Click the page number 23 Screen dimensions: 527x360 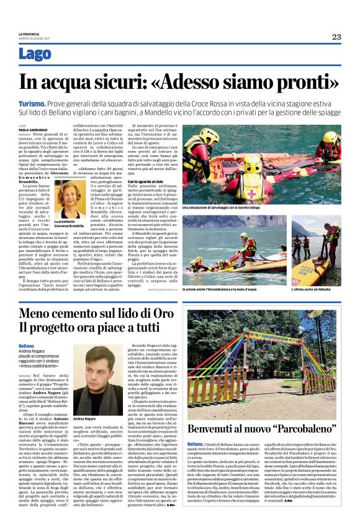click(x=336, y=37)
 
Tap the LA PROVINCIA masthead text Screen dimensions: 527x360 click(x=28, y=34)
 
